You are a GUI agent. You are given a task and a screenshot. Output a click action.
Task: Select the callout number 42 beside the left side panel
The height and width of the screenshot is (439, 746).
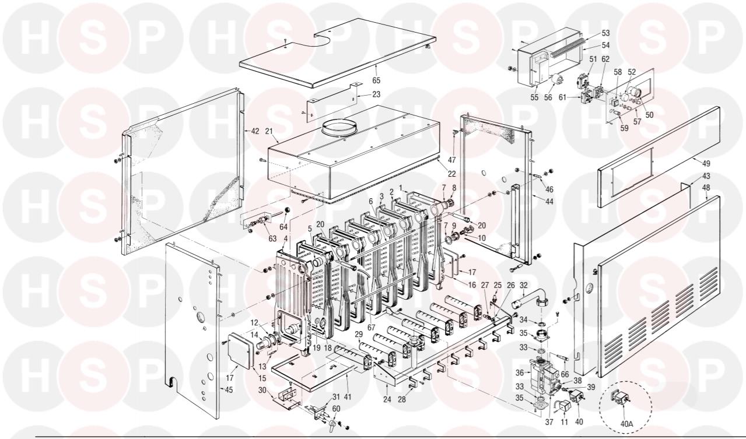[x=255, y=131]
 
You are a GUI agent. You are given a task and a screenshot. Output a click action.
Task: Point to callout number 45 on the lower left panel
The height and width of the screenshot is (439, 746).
[x=228, y=390]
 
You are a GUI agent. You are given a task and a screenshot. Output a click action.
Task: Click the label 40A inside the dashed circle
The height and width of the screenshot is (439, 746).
[x=626, y=424]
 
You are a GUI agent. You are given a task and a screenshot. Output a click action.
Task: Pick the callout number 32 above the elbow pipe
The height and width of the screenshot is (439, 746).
[x=523, y=286]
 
